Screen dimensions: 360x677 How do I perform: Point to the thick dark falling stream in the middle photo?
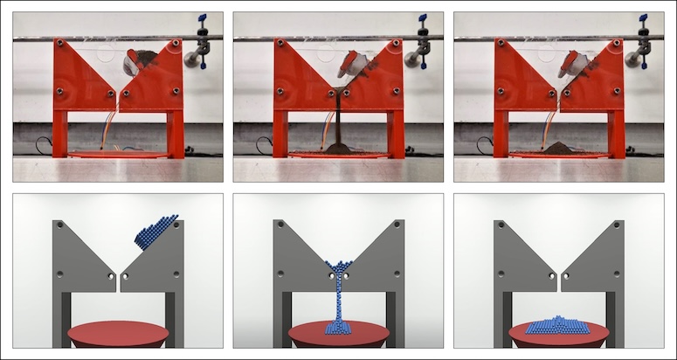click(338, 118)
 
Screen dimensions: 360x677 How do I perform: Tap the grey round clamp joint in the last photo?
click(632, 59)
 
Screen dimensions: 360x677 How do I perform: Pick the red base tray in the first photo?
click(118, 155)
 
